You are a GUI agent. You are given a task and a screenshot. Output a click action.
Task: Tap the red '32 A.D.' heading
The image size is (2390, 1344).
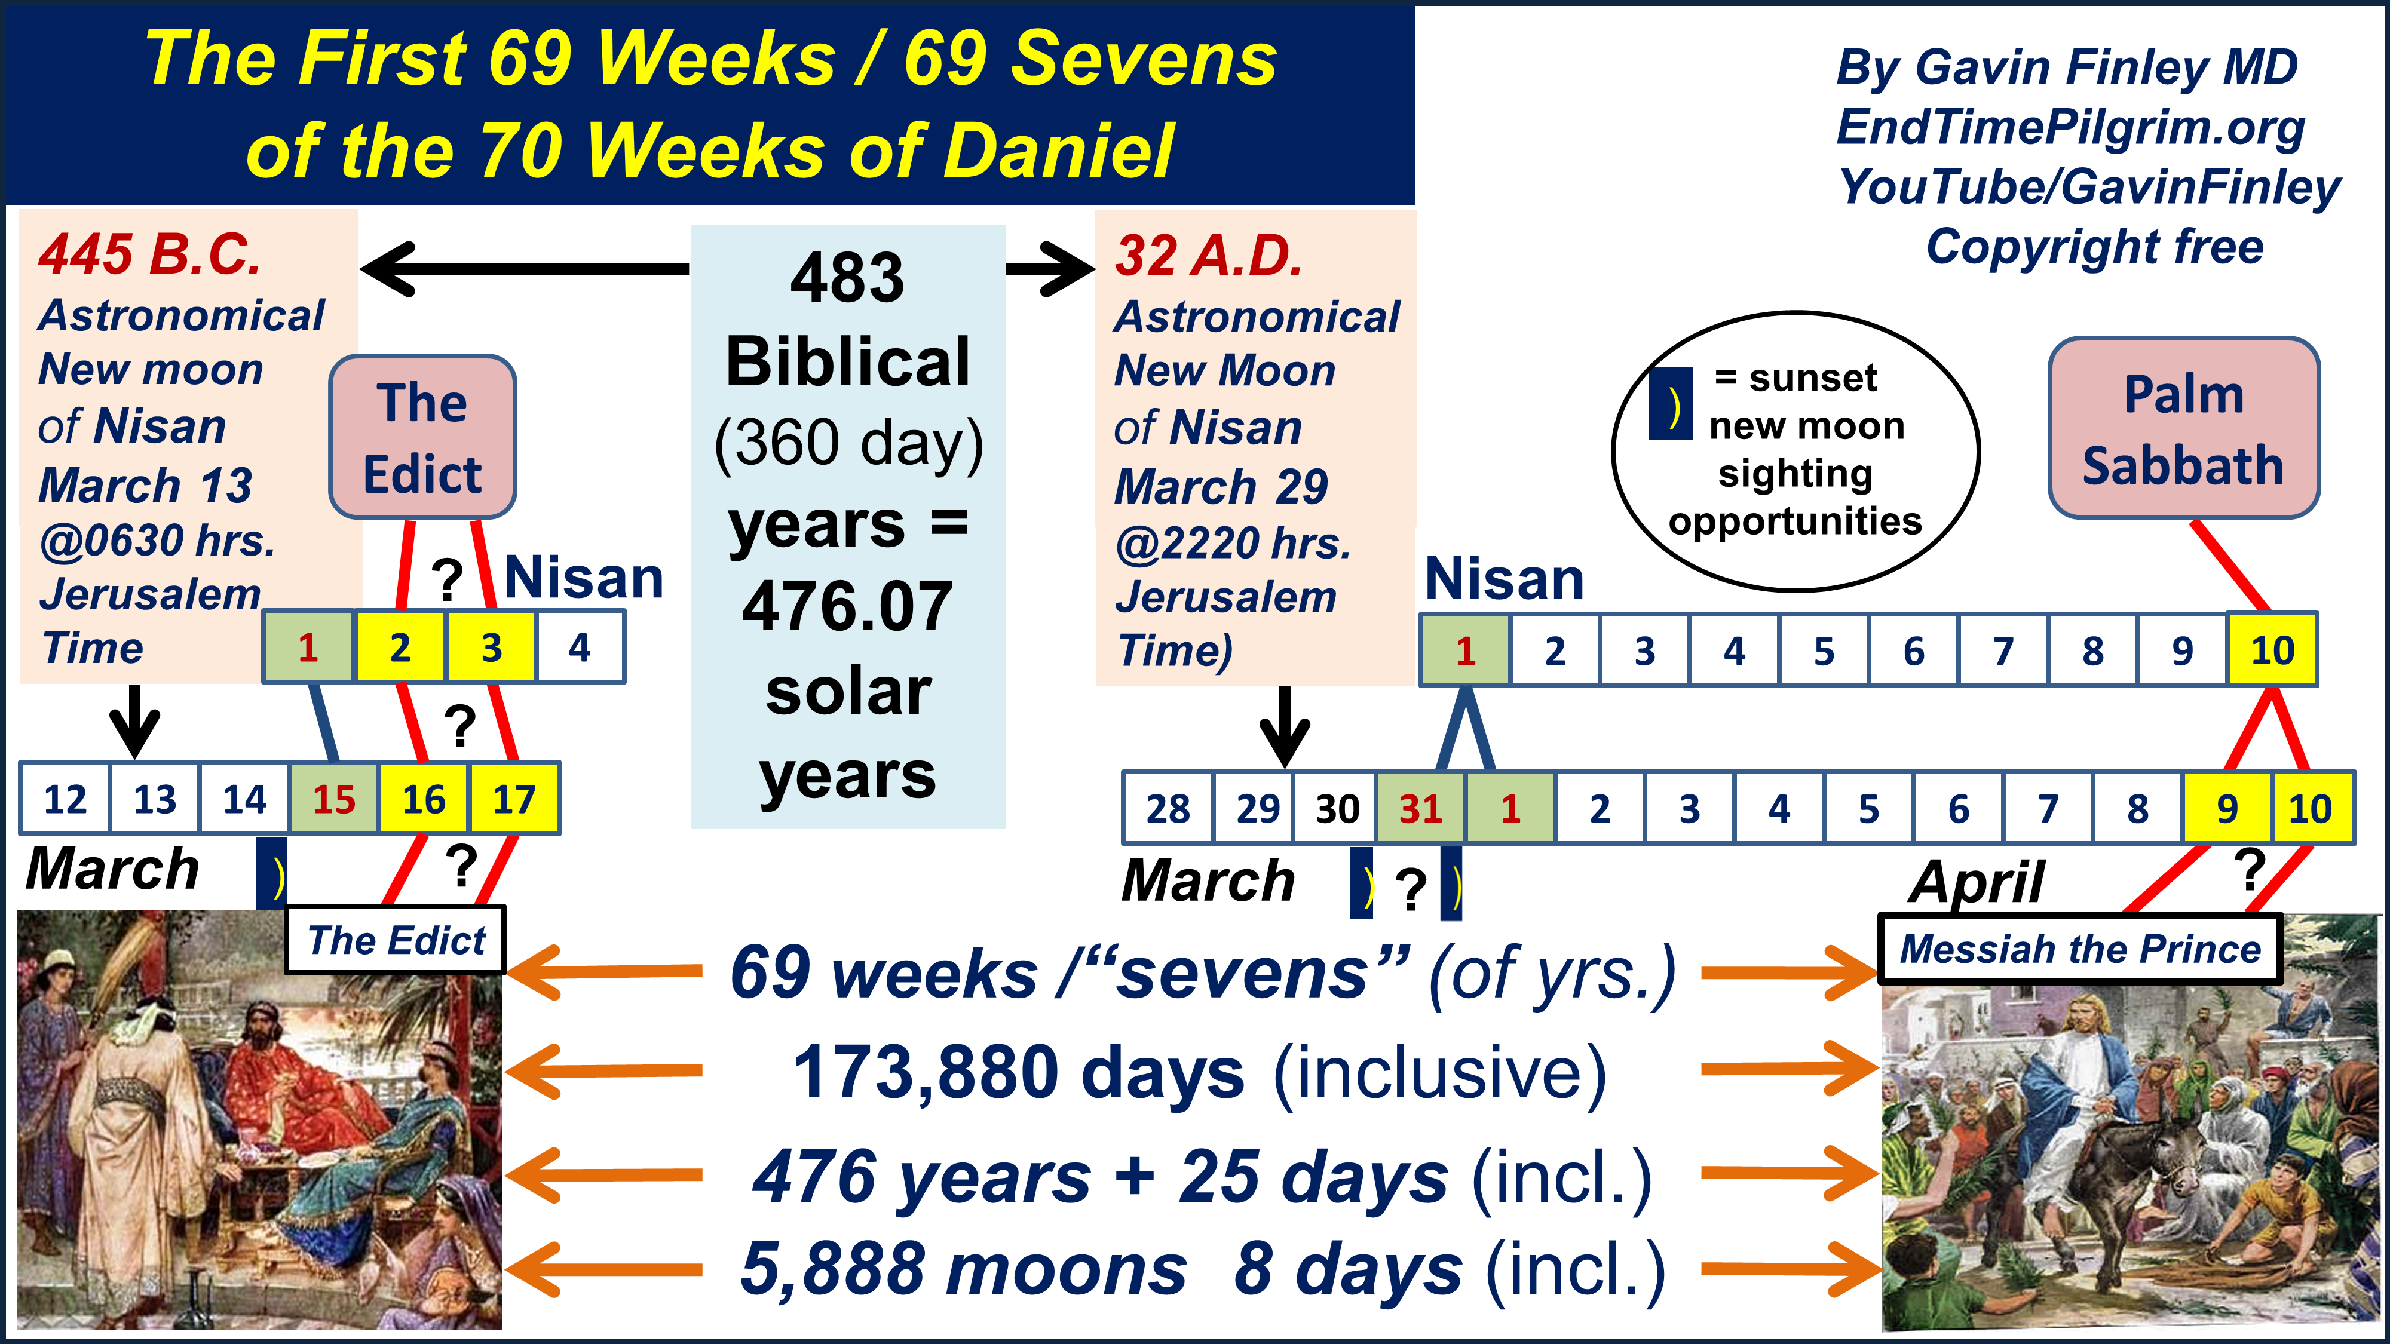[x=1209, y=256]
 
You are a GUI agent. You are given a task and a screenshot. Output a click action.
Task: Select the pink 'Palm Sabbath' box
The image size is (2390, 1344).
[x=2183, y=428]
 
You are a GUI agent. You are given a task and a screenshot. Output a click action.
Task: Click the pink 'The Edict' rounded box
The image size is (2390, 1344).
[x=422, y=437]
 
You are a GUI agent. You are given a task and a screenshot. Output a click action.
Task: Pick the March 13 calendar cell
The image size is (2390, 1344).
[x=154, y=799]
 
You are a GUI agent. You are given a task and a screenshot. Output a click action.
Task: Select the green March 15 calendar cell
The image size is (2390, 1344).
[x=334, y=799]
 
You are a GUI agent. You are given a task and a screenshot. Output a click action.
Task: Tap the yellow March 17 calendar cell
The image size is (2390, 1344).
[x=514, y=799]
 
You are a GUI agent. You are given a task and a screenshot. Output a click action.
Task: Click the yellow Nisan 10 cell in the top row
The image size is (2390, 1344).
[x=2272, y=650]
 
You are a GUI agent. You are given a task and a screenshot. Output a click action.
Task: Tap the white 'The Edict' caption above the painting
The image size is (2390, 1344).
[x=396, y=941]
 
